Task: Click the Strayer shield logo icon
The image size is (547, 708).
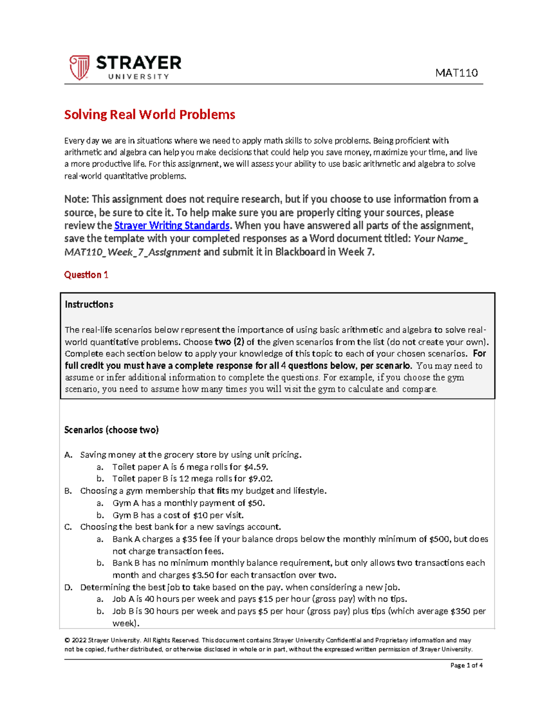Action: click(x=79, y=67)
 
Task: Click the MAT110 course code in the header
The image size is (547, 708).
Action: click(x=456, y=73)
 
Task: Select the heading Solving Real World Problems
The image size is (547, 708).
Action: click(x=150, y=114)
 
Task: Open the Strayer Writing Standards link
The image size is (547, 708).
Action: click(x=171, y=226)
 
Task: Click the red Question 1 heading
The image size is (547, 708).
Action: click(x=86, y=275)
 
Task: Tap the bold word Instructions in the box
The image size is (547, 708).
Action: click(x=89, y=305)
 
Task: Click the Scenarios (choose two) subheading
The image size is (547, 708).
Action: click(x=111, y=430)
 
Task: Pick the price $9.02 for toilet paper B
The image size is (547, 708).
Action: click(x=260, y=479)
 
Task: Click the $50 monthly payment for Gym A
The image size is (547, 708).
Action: click(x=256, y=503)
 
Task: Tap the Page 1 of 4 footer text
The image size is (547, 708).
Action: click(x=466, y=665)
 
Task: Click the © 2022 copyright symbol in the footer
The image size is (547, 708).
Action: click(x=67, y=641)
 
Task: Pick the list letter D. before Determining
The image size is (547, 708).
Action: click(x=68, y=587)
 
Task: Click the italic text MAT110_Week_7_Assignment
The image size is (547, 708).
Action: click(x=132, y=252)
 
